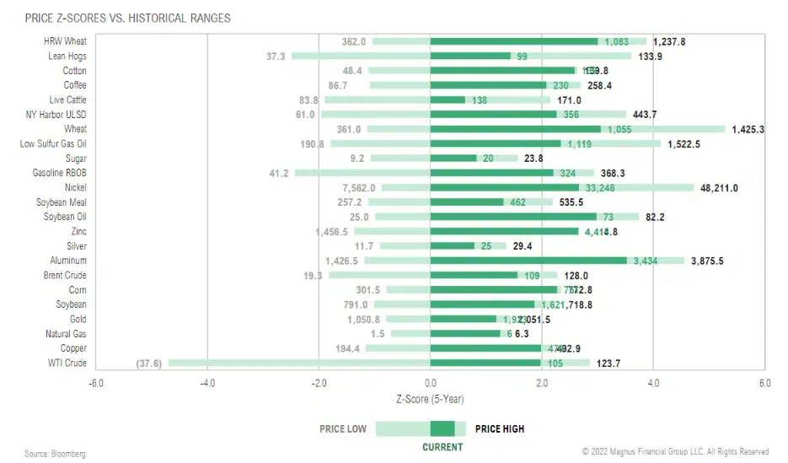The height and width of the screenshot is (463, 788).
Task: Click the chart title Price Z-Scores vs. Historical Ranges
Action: [x=127, y=18]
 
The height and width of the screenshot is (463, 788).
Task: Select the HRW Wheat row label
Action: [x=64, y=41]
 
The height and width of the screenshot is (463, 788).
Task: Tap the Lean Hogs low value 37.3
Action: [x=276, y=56]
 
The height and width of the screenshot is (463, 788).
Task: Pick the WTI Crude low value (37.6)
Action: [x=149, y=363]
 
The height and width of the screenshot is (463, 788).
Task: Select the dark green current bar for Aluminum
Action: [x=528, y=261]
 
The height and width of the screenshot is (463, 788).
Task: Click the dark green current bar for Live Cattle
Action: [x=448, y=100]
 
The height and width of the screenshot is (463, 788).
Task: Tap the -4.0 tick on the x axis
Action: [x=207, y=383]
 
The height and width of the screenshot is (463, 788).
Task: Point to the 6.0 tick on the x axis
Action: [x=764, y=383]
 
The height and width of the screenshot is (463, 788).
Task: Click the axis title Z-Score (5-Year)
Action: [x=429, y=398]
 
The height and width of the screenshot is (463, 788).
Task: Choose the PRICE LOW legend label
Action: [x=343, y=429]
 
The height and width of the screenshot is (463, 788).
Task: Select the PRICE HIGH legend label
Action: [x=500, y=429]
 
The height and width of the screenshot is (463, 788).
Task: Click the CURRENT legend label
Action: [x=442, y=447]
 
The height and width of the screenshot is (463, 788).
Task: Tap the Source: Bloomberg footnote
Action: [x=55, y=454]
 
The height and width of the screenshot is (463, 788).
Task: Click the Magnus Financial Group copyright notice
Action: [x=675, y=452]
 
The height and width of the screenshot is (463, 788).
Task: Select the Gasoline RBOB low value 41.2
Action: [x=279, y=173]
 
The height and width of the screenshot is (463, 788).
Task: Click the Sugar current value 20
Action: [x=488, y=159]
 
